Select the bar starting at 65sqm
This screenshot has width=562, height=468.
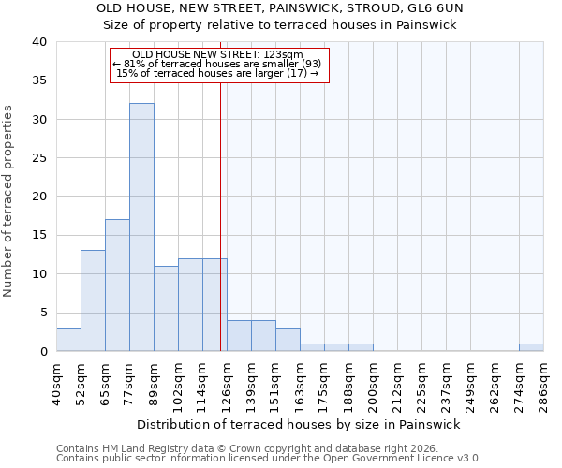click(117, 285)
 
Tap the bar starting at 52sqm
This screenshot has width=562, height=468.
click(93, 300)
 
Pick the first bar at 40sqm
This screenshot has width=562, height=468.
click(68, 340)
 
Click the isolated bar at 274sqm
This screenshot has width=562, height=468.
click(531, 347)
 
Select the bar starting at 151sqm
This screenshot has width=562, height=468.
click(288, 340)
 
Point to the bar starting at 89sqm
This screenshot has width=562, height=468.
click(166, 309)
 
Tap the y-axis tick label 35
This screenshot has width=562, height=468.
click(38, 80)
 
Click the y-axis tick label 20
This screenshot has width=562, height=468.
click(38, 197)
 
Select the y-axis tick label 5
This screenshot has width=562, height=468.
click(42, 313)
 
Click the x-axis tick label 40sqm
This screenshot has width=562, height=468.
click(56, 384)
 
